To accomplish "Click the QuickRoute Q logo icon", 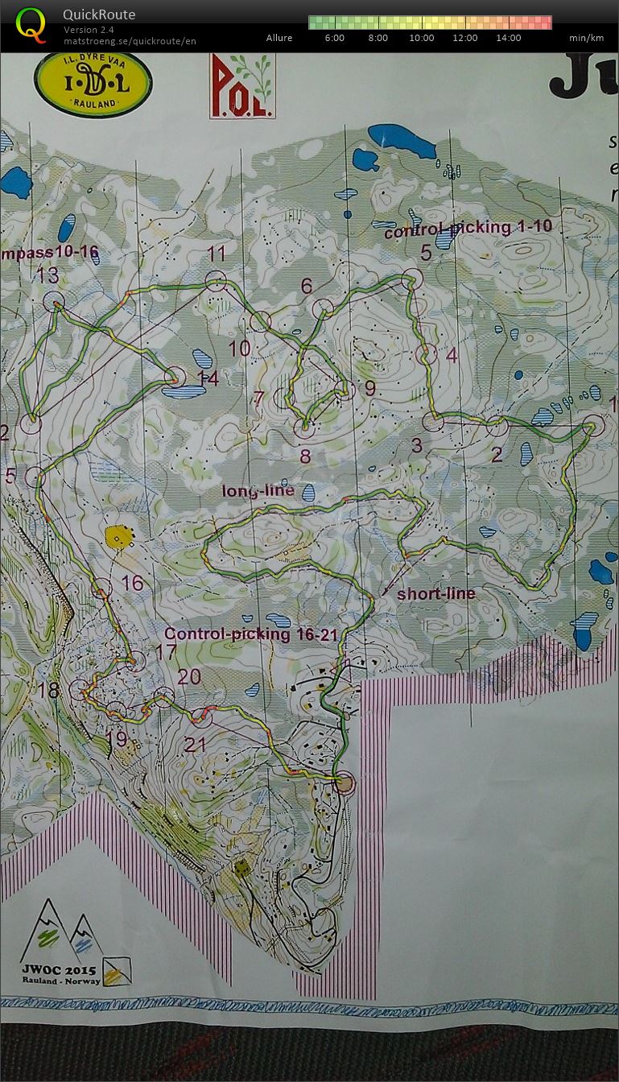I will (31, 25).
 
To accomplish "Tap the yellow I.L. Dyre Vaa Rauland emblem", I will (93, 84).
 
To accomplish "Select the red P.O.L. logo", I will (242, 87).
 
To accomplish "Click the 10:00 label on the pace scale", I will (421, 38).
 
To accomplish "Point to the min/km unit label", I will (586, 38).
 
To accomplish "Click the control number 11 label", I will (216, 254).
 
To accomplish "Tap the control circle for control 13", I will (54, 303).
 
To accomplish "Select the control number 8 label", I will (305, 456).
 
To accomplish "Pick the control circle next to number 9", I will (345, 391).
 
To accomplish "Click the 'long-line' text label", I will (258, 490).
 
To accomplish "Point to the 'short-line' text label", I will (435, 594).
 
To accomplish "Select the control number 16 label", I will (132, 582).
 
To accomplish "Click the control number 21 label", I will (196, 744).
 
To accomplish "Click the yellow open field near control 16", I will (118, 536).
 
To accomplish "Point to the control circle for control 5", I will (412, 278).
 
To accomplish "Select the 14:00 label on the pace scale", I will (508, 38).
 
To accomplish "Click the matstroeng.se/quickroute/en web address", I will (130, 41).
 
